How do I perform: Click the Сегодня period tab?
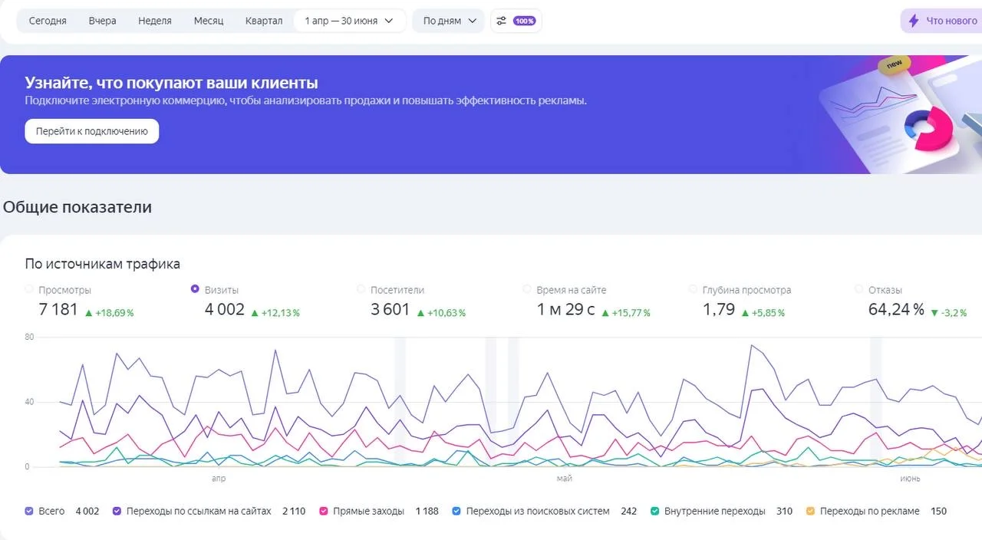click(x=48, y=21)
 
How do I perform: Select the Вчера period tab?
click(x=102, y=21)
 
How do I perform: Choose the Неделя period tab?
click(x=155, y=21)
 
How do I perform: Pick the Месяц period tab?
click(x=209, y=21)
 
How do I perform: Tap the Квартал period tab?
click(x=264, y=21)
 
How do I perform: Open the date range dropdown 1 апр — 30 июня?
click(x=349, y=21)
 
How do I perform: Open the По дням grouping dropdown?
click(x=449, y=21)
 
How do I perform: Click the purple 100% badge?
click(x=524, y=21)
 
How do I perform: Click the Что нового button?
click(x=943, y=21)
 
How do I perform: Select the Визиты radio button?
click(x=195, y=289)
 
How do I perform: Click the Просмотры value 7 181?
click(x=58, y=309)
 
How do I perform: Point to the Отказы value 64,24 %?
click(x=896, y=309)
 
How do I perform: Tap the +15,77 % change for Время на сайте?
click(x=626, y=313)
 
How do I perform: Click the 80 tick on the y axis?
click(x=29, y=337)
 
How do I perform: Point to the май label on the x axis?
click(x=564, y=478)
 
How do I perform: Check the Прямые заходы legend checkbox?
click(x=324, y=511)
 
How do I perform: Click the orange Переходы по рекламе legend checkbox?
click(x=811, y=511)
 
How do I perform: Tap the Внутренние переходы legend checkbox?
click(x=654, y=511)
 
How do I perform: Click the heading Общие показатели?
click(x=77, y=207)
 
